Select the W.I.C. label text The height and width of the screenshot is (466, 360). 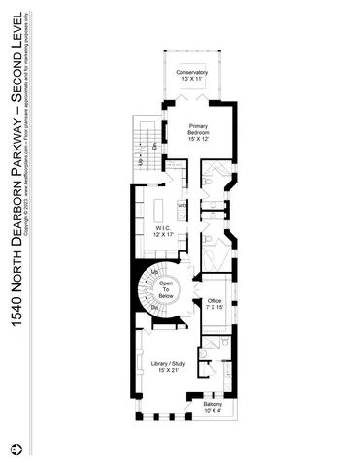pos(163,228)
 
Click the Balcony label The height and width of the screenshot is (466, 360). pos(213,407)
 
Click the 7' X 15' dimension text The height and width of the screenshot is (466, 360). pos(214,310)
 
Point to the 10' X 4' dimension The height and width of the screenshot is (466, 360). pos(213,415)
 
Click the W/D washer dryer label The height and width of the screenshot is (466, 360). pos(181,205)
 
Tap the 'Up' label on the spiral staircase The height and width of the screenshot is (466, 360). pos(155,272)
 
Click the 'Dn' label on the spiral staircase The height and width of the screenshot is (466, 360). pos(153,308)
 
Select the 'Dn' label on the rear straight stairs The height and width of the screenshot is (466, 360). pos(154,147)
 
